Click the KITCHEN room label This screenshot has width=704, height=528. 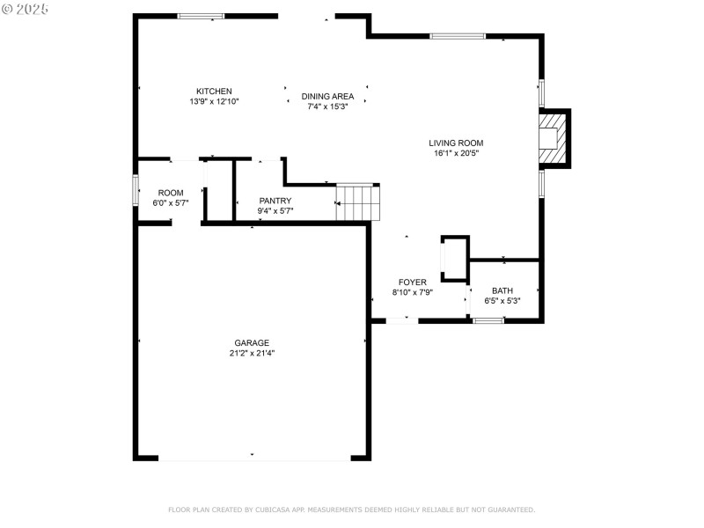pos(214,92)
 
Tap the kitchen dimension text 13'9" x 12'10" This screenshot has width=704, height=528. pos(214,102)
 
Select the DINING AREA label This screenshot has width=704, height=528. pos(327,97)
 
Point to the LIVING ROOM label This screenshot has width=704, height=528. pos(456,143)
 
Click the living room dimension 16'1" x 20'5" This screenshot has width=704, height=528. pos(456,153)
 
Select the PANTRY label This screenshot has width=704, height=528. pos(275,201)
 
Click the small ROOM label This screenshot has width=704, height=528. pos(171,193)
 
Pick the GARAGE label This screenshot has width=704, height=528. pos(252,343)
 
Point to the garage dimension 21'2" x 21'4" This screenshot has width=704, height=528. pos(252,354)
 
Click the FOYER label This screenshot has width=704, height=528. pos(412,282)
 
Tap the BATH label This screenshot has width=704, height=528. pos(502,290)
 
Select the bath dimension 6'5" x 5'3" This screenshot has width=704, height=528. pos(502,301)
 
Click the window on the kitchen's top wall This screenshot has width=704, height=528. pos(201,16)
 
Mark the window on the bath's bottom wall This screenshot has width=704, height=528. pos(488,320)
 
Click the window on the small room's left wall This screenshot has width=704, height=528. pos(136,190)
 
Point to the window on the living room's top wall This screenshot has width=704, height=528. pos(457,36)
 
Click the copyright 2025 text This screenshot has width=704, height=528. pos(26,8)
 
